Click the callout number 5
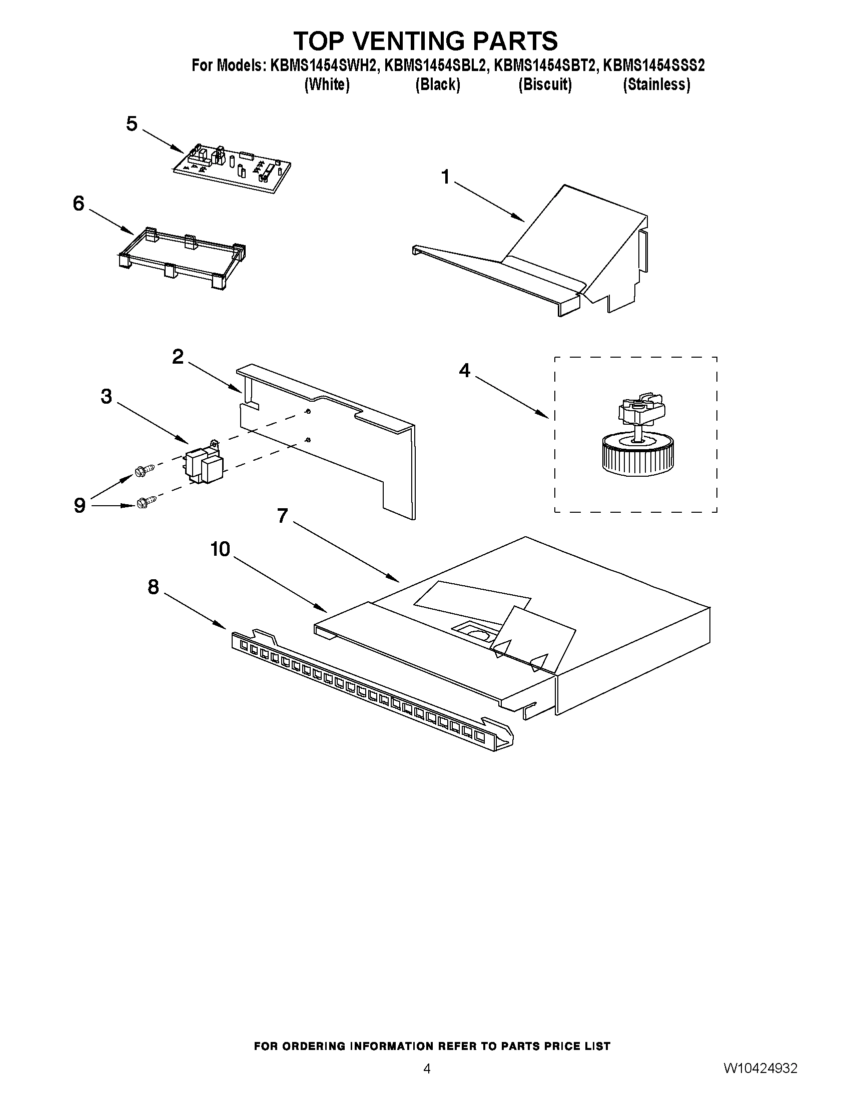tap(132, 124)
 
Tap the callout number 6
tap(79, 204)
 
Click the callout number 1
tap(445, 177)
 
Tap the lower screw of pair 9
tap(144, 502)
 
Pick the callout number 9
tap(80, 505)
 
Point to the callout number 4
tap(464, 371)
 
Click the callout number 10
tap(220, 549)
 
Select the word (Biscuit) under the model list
tap(545, 84)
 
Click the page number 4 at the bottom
tap(427, 1067)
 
